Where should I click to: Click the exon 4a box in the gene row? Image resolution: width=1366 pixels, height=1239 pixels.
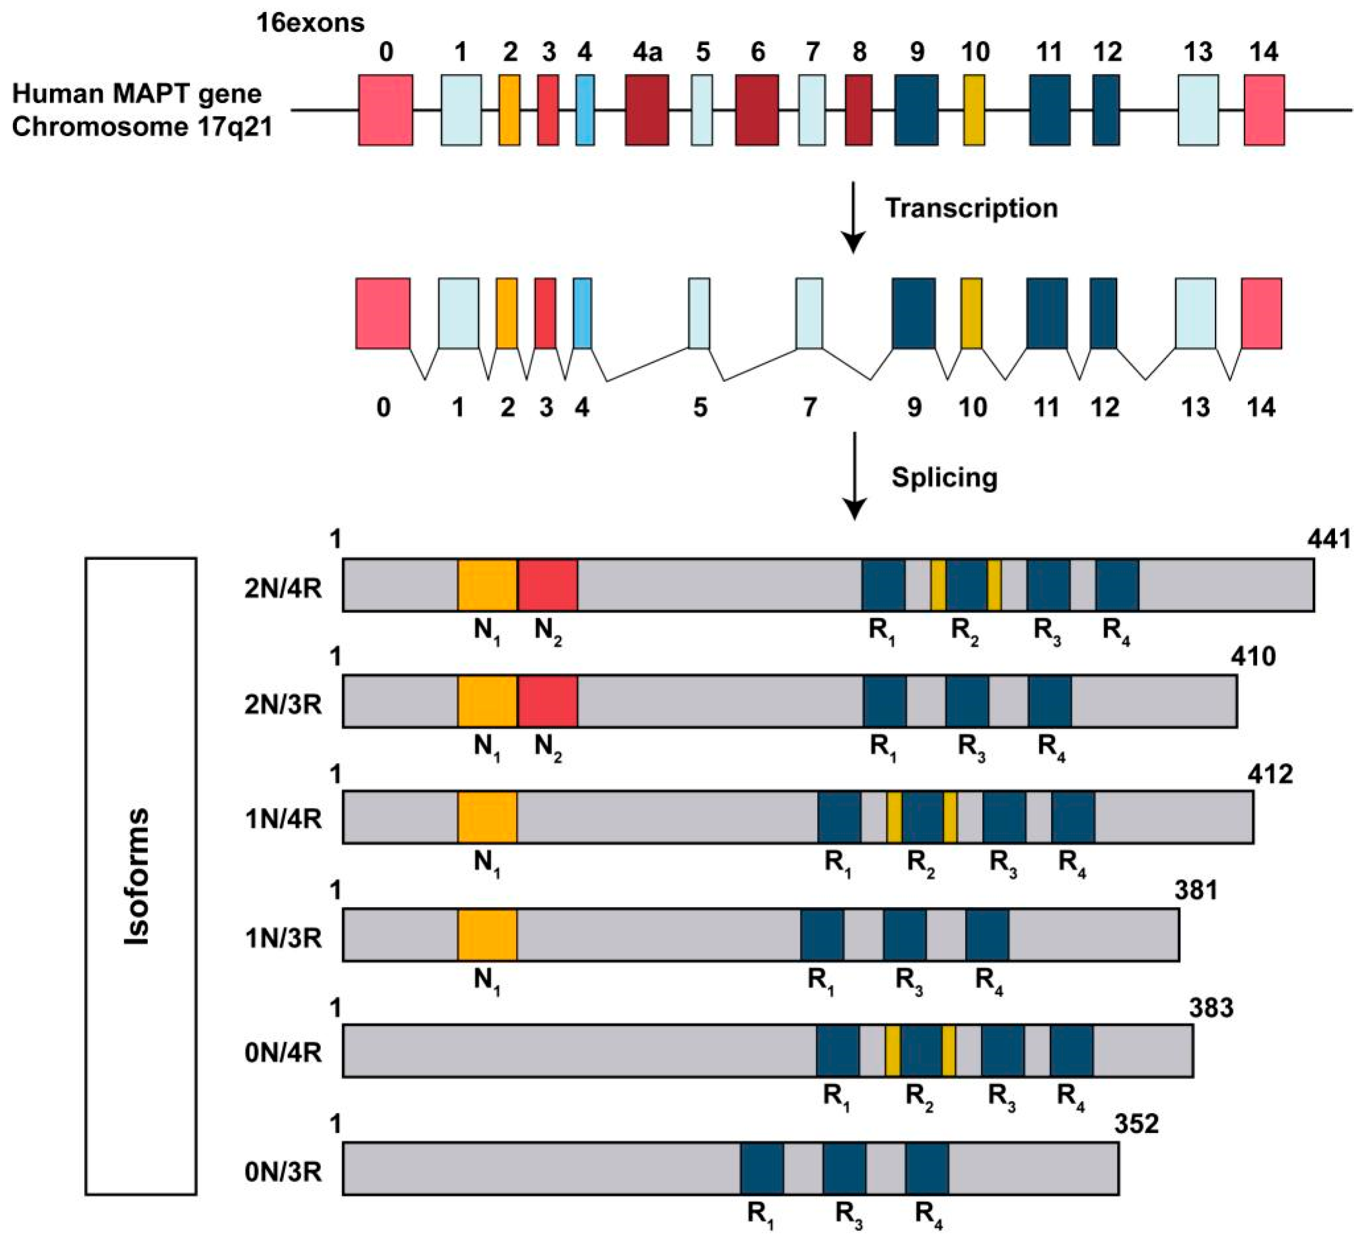pos(646,110)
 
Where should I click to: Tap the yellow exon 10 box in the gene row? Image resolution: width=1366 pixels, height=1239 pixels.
pos(974,110)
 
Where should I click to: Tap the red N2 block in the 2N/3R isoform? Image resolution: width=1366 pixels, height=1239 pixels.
pos(548,701)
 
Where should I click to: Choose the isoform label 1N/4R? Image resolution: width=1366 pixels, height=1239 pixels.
pos(283,819)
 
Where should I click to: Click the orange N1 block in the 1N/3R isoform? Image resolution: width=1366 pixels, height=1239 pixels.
pos(487,935)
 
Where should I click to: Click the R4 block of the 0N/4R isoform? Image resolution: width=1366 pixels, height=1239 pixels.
pos(1071,1051)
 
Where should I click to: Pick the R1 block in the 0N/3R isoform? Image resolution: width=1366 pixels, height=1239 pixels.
pos(762,1168)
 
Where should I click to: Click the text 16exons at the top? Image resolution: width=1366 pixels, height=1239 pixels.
pos(310,23)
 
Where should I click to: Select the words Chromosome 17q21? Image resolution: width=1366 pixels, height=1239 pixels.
pos(142,127)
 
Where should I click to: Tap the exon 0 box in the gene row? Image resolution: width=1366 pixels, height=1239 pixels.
pos(385,110)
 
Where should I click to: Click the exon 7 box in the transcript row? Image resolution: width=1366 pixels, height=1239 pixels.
pos(809,313)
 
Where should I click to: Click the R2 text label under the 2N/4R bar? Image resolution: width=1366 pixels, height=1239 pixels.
pos(965,632)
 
